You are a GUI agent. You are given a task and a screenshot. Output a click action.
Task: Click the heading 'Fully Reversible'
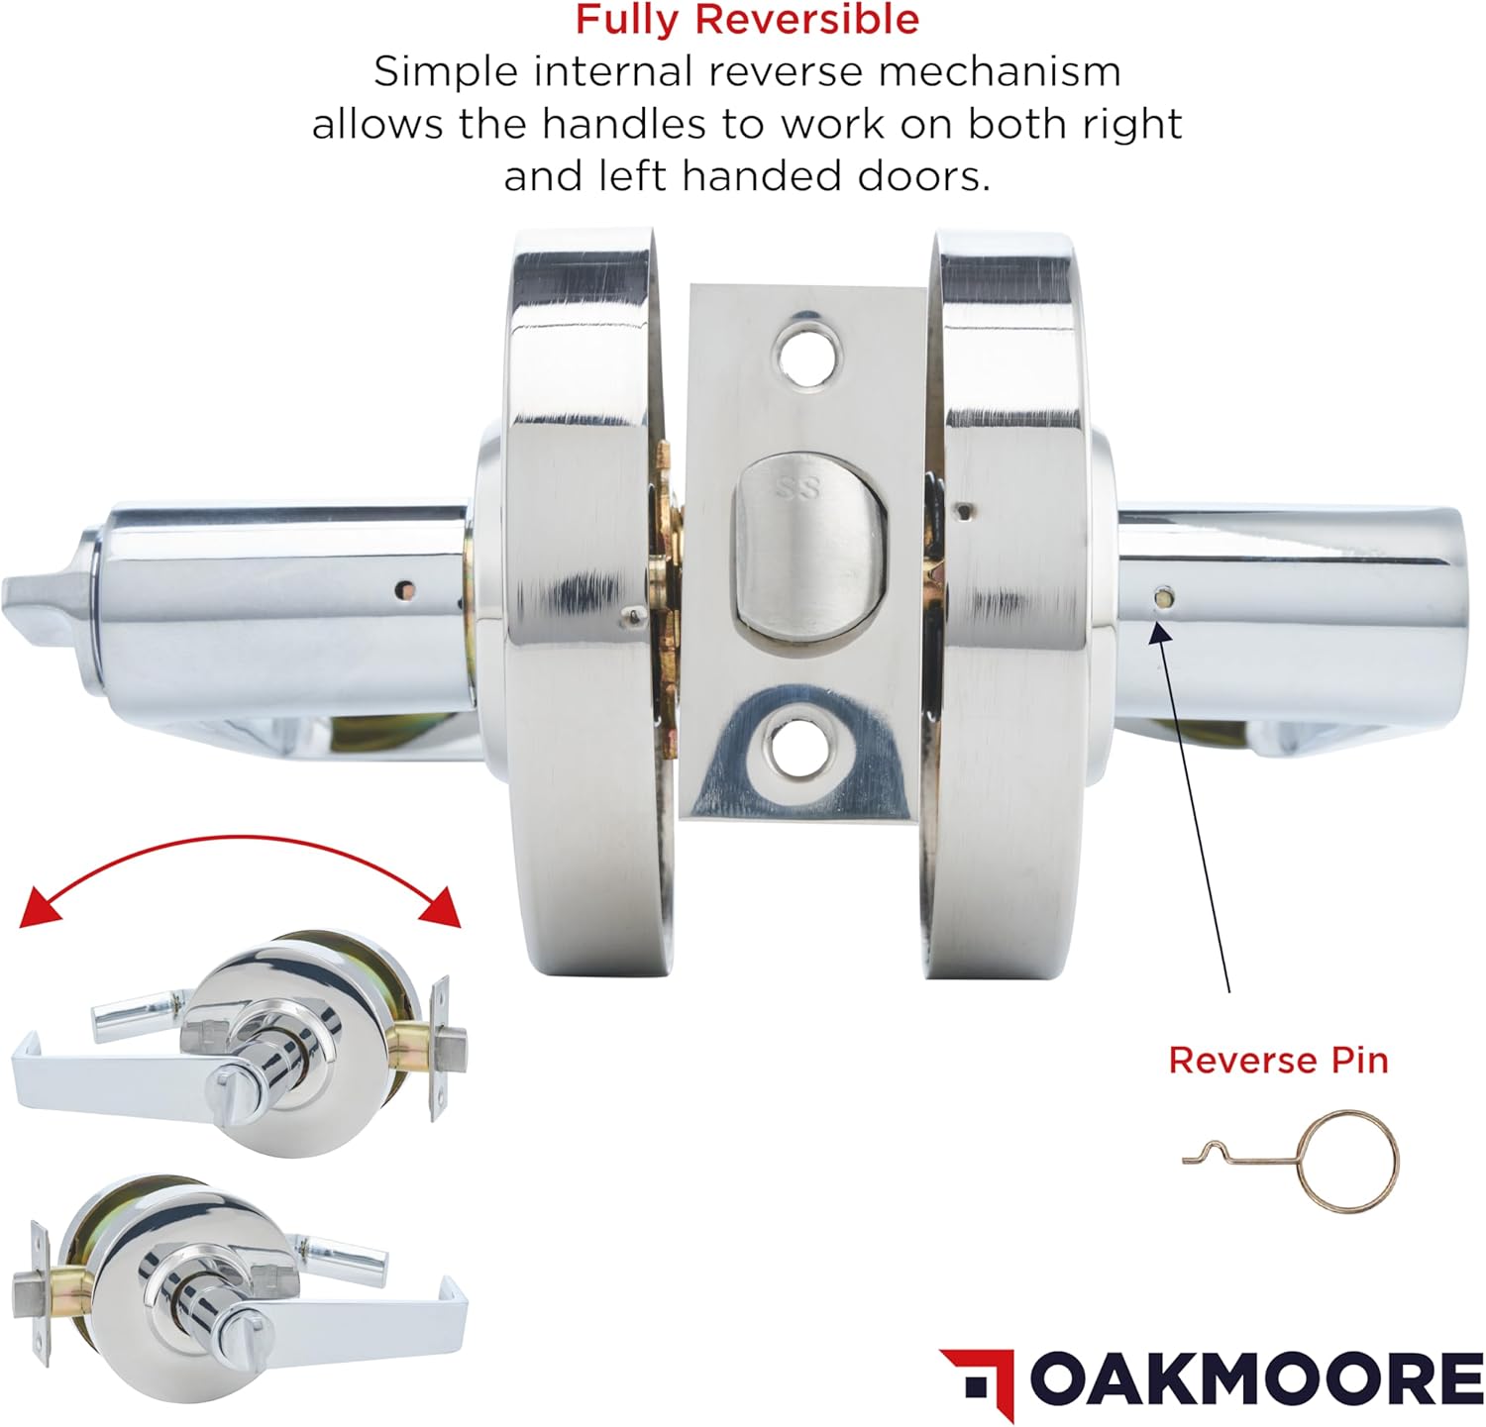click(747, 20)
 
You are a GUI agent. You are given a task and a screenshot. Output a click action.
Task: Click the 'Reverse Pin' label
click(1278, 1060)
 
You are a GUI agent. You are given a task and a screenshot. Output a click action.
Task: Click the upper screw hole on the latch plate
click(808, 353)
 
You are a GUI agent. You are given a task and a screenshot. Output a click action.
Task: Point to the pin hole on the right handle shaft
click(1163, 597)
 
